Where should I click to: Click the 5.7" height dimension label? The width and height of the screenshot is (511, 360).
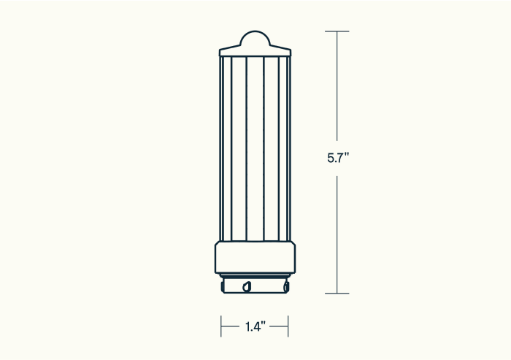(338, 158)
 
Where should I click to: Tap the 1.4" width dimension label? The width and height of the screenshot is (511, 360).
(255, 326)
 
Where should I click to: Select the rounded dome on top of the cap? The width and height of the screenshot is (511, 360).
(255, 38)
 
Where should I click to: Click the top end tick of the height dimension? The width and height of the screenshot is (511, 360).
(337, 31)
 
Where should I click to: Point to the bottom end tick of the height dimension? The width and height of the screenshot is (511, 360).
(337, 294)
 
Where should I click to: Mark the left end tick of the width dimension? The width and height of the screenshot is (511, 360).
(221, 326)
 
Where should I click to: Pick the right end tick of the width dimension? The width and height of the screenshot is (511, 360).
(288, 326)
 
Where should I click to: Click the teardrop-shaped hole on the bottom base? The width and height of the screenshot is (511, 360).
(247, 287)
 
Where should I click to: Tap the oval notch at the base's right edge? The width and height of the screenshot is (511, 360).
(286, 287)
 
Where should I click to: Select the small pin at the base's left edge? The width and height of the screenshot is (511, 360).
(223, 287)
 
